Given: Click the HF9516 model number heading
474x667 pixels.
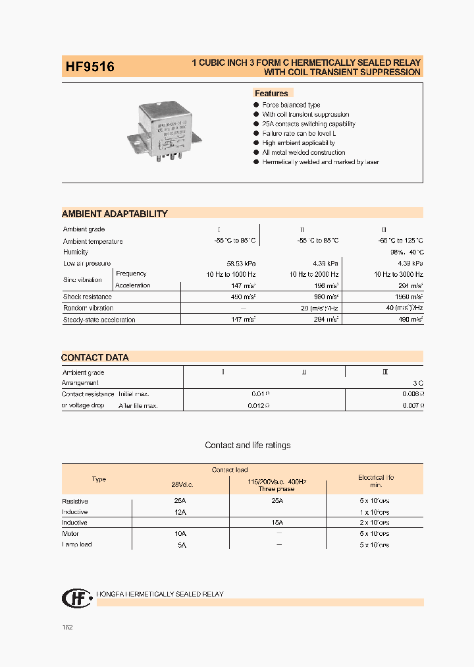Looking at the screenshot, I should pyautogui.click(x=90, y=67).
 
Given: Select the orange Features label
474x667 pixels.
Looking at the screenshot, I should pyautogui.click(x=271, y=94).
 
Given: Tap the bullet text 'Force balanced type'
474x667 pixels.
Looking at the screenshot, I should pyautogui.click(x=291, y=105).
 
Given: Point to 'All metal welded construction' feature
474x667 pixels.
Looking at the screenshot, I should pyautogui.click(x=303, y=152).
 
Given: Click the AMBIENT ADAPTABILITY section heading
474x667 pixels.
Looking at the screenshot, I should pyautogui.click(x=115, y=214).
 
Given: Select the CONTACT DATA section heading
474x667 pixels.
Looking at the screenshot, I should pyautogui.click(x=95, y=357).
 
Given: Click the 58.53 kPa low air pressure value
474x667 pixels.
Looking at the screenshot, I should pyautogui.click(x=241, y=263).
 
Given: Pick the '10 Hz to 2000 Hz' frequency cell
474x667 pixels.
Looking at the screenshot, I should pyautogui.click(x=314, y=274).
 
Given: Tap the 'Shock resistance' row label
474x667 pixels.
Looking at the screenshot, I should pyautogui.click(x=88, y=297).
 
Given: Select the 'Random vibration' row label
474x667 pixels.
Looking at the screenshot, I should pyautogui.click(x=88, y=308).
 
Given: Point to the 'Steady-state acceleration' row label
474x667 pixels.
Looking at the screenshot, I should pyautogui.click(x=99, y=320).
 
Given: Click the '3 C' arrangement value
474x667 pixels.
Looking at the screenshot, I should pyautogui.click(x=418, y=382).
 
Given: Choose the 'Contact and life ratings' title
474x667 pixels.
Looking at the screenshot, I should pyautogui.click(x=248, y=446).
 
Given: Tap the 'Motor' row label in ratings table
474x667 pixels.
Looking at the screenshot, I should pyautogui.click(x=70, y=533).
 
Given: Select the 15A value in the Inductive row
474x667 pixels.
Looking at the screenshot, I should pyautogui.click(x=277, y=523).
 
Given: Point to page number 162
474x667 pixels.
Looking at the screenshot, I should pyautogui.click(x=67, y=627).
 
